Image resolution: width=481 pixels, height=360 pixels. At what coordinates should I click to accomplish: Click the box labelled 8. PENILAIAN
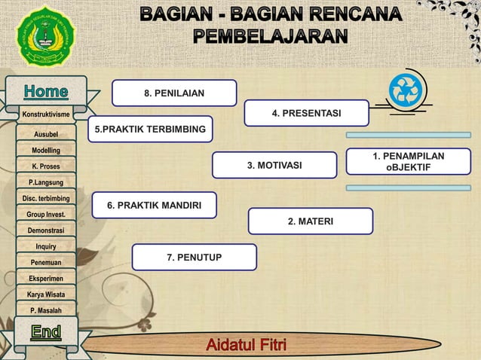(174, 93)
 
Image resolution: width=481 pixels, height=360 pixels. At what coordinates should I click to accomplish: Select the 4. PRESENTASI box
(306, 113)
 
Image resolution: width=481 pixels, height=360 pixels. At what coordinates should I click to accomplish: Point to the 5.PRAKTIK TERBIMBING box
(150, 130)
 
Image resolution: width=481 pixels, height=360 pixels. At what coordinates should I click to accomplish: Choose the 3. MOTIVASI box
(274, 165)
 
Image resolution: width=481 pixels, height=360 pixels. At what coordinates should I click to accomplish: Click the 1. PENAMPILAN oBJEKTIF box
(408, 161)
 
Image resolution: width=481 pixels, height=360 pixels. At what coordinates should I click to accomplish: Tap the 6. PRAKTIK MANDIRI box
(154, 205)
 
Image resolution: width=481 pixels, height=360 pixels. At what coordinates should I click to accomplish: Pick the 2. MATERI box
(310, 221)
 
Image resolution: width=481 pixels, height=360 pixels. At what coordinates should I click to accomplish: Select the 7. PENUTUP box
(194, 258)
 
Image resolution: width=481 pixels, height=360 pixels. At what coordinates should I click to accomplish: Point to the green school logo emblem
(44, 35)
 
